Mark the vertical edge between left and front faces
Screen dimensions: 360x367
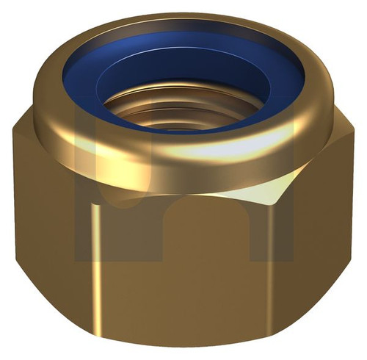94,250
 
